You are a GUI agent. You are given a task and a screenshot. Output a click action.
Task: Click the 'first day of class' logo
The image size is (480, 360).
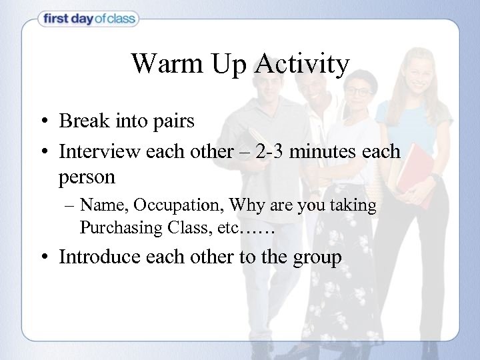point(88,19)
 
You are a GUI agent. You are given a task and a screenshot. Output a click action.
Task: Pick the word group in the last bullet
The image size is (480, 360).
point(316,258)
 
